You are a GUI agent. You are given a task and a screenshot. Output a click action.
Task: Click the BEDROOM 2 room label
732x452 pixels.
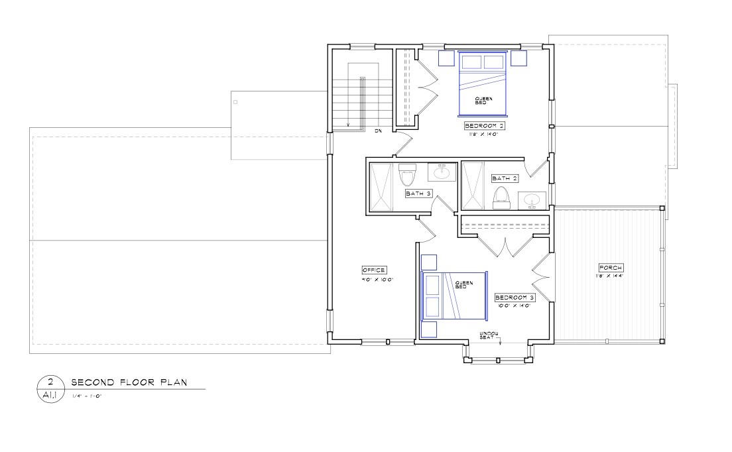click(x=485, y=125)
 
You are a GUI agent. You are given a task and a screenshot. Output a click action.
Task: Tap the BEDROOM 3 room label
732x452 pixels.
click(x=515, y=298)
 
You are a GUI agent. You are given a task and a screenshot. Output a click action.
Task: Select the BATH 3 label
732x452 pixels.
click(x=418, y=194)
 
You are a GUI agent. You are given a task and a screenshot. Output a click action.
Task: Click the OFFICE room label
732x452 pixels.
click(x=374, y=270)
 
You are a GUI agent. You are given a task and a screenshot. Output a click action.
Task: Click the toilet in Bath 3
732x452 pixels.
click(x=406, y=176)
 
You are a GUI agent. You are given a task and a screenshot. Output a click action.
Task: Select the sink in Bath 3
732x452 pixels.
click(x=442, y=173)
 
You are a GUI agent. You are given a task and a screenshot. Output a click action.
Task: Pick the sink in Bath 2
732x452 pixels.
click(x=532, y=199)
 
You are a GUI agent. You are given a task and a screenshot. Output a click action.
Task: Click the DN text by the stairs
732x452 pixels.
click(x=378, y=131)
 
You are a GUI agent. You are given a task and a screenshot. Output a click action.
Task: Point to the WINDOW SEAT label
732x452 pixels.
click(x=489, y=335)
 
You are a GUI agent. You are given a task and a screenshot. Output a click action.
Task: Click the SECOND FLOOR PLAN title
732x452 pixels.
click(x=129, y=382)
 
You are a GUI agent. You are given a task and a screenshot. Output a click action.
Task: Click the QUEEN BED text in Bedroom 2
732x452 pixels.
click(x=483, y=100)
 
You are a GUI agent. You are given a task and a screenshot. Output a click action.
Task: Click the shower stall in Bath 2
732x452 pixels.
click(x=473, y=185)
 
